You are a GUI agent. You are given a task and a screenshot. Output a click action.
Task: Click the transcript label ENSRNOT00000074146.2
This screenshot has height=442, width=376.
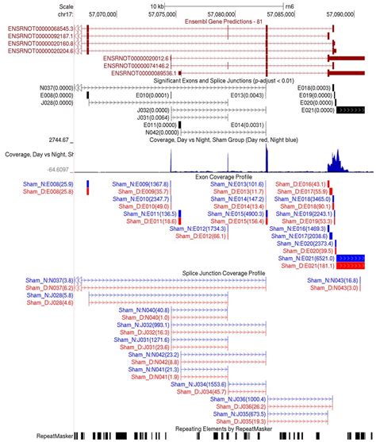pyautogui.click(x=136, y=66)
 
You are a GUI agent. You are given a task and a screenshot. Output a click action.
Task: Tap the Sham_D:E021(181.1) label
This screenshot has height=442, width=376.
pyautogui.click(x=308, y=266)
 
